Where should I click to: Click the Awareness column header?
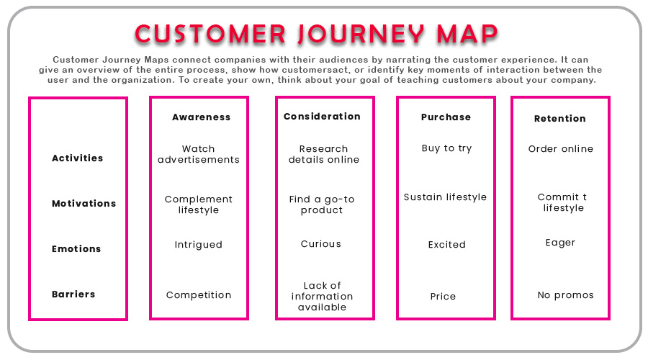coord(201,117)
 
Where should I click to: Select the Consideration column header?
coord(322,116)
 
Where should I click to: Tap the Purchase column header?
coord(446,117)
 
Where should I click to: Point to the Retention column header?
coord(560,118)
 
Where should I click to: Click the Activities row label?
coord(77,158)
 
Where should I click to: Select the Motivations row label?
coord(84,203)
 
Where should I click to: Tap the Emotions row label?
coord(76,248)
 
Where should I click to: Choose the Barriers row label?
coord(73,294)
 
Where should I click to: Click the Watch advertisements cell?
coord(199,154)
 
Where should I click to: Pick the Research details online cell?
coord(323,154)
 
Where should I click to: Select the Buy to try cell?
coord(446,148)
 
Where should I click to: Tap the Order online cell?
coord(561,148)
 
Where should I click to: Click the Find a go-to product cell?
coord(322,204)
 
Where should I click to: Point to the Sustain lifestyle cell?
coord(445,197)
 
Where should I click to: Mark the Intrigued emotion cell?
coord(198,244)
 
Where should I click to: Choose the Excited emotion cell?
coord(446,244)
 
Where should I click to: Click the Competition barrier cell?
coord(199,294)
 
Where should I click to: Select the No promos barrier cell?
coord(565,294)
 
